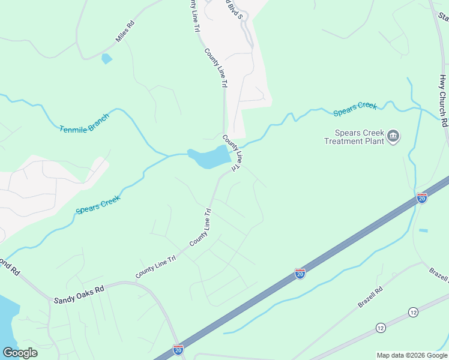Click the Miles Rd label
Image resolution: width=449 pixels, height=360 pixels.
coord(125,32)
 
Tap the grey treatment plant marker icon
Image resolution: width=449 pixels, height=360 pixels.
coord(394,137)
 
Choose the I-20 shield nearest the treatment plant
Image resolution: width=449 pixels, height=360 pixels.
coord(422,197)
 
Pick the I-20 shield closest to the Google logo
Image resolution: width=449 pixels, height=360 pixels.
coord(178,349)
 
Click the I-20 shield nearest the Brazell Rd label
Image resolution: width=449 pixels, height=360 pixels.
coord(300,274)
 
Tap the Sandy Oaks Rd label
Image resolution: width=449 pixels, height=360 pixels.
coord(79,289)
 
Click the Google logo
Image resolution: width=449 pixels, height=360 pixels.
coord(20,352)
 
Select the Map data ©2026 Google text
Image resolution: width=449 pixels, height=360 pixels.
coord(412,355)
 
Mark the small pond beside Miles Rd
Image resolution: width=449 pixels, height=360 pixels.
coord(106,59)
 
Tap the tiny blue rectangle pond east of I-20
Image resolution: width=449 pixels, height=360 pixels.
coord(424,230)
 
